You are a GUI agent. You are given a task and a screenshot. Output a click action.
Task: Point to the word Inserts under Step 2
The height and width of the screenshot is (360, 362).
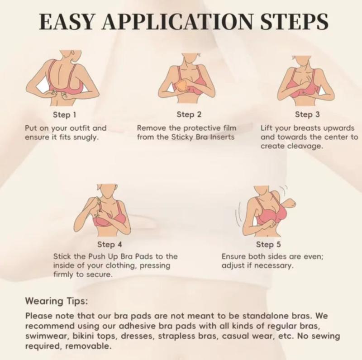pos(222,137)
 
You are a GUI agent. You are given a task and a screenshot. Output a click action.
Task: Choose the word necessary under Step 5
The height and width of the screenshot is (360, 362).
pos(276,265)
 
